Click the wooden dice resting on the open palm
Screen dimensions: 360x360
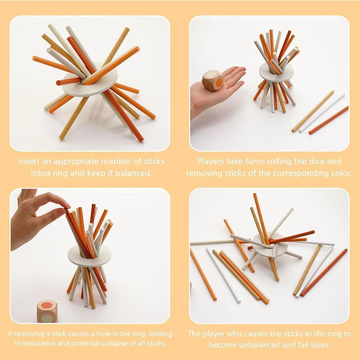pos(213,81)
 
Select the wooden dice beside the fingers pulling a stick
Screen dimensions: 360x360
pos(47,311)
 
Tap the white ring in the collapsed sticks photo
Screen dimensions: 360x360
pos(270,247)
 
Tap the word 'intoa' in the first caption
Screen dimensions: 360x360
pos(40,173)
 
